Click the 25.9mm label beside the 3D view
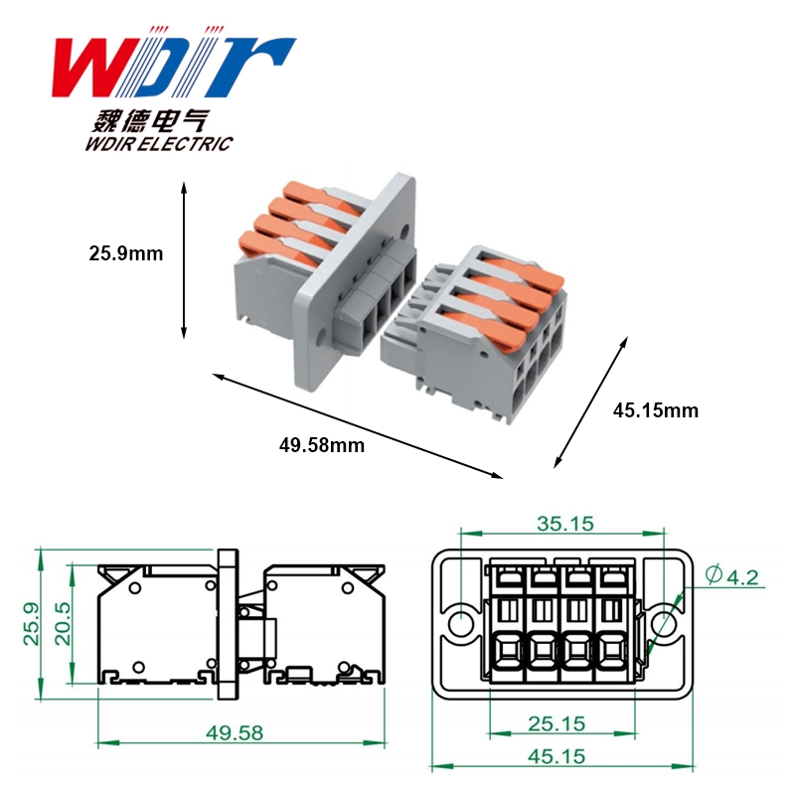[x=126, y=253]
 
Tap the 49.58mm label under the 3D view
[x=321, y=445]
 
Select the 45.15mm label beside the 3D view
[x=655, y=410]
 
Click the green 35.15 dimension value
[x=564, y=524]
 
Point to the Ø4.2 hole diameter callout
[x=732, y=576]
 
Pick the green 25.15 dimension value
[x=556, y=723]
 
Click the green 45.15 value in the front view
[x=556, y=756]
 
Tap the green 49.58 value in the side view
[x=235, y=732]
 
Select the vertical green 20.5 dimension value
[x=63, y=624]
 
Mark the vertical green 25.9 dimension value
[x=32, y=624]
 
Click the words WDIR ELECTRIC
[x=159, y=143]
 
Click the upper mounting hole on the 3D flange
[x=404, y=232]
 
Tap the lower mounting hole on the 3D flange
[x=321, y=336]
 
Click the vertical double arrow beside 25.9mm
[x=184, y=260]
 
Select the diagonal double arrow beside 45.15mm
[x=590, y=401]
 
